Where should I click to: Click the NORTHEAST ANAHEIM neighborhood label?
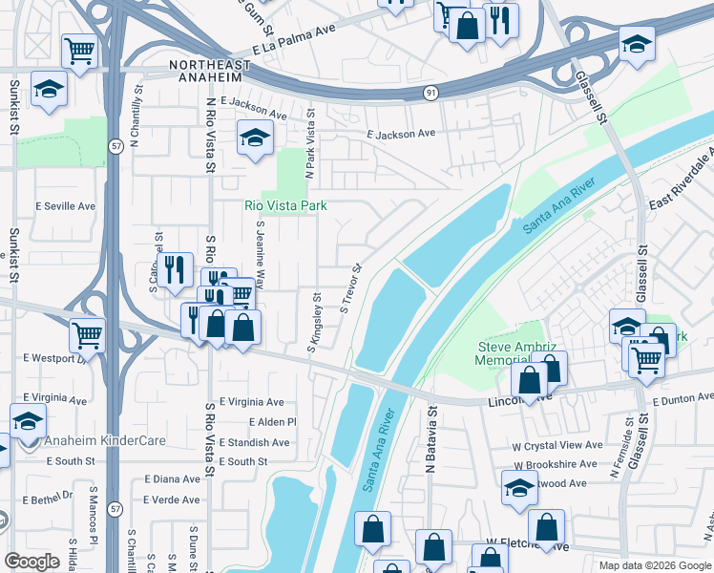(x=210, y=65)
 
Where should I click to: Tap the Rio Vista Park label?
(x=285, y=205)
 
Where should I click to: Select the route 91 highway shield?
(x=431, y=93)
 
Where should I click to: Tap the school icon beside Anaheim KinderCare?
(x=29, y=421)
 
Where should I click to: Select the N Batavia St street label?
(x=431, y=441)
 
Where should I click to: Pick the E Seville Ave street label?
(x=66, y=205)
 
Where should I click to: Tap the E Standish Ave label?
(x=254, y=442)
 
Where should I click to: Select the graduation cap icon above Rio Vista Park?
(x=255, y=139)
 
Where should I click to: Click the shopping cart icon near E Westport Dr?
(x=87, y=335)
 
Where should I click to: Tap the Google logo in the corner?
(x=31, y=562)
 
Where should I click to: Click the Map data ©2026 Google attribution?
(x=654, y=565)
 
